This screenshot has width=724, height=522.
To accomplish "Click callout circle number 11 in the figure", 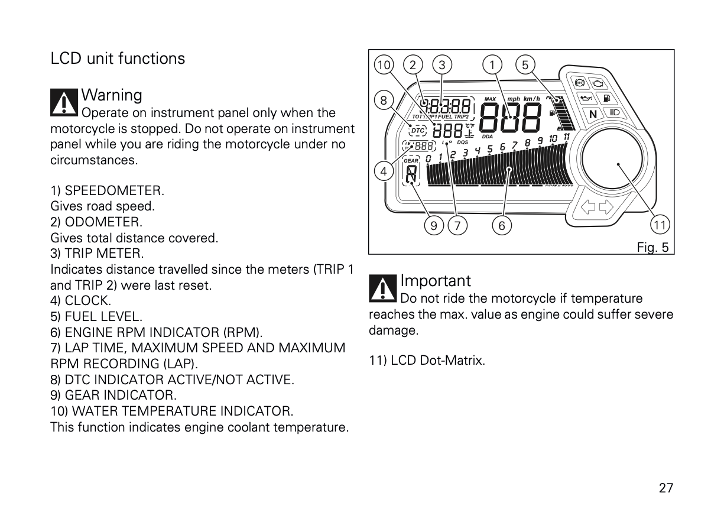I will coord(660,225).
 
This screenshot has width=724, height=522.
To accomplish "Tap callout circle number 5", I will coord(525,65).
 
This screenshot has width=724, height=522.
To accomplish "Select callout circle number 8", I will coord(384,101).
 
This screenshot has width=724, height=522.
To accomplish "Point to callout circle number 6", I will coord(502,225).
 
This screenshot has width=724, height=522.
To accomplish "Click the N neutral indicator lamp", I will coord(593,114).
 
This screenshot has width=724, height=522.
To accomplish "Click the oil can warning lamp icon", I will coord(586,98).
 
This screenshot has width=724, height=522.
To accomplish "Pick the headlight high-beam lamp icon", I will coord(613,111).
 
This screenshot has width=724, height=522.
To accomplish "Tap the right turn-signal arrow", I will coord(606,207).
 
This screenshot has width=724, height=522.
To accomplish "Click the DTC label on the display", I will coord(417,131).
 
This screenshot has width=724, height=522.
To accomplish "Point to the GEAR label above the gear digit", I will coord(411,160).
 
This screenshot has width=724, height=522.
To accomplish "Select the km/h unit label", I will coord(531,98).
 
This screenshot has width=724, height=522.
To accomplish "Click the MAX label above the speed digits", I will coord(490,99).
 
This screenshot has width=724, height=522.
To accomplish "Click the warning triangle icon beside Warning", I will coord(64,102).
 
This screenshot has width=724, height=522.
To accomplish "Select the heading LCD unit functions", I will coord(118,59).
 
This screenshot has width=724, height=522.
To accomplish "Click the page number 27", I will coord(665,488).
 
